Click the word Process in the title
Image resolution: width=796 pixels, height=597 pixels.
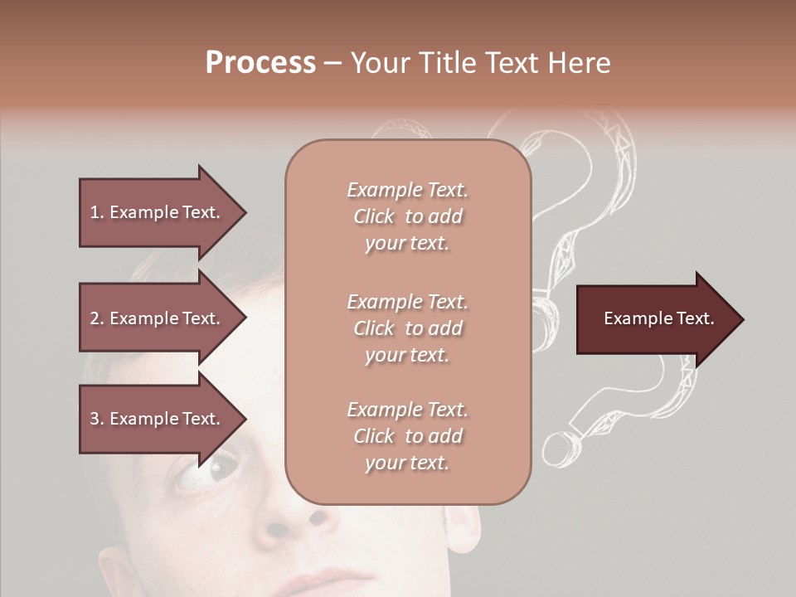[260, 63]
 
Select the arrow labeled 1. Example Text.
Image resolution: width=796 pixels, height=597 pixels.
[162, 212]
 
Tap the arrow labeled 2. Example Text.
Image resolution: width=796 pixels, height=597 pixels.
[162, 318]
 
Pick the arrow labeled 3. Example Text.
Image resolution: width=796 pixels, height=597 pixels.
[162, 419]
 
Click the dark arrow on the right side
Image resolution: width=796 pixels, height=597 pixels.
[659, 319]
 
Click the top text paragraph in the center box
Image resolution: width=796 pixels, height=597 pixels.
[407, 216]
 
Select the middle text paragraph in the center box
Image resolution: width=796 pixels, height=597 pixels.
[407, 328]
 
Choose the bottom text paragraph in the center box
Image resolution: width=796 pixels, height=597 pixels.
[407, 436]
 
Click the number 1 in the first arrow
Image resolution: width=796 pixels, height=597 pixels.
[95, 212]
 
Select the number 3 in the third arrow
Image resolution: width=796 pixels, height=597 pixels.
[95, 419]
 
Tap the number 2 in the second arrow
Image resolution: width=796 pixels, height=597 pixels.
[95, 318]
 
